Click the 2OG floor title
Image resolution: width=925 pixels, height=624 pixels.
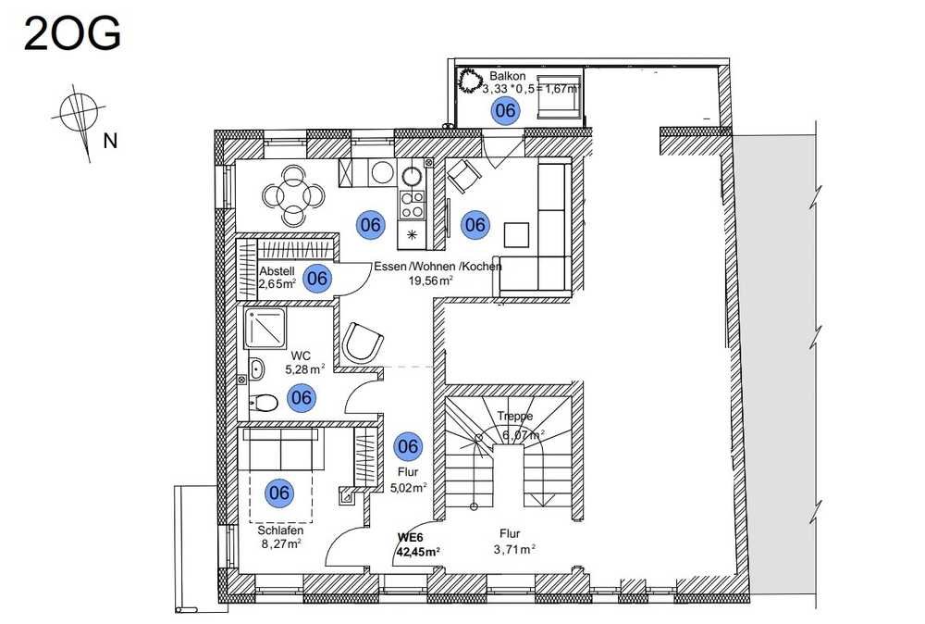tap(72, 33)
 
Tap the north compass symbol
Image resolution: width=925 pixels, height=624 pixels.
tap(79, 119)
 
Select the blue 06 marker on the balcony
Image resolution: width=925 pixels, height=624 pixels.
tap(506, 110)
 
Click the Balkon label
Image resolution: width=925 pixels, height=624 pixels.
tap(507, 76)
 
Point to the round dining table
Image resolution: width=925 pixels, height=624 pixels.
tap(294, 194)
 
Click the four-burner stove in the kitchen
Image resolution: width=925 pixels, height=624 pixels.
tap(412, 205)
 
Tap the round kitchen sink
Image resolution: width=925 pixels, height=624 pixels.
tap(412, 175)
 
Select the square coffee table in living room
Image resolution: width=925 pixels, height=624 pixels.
tap(517, 234)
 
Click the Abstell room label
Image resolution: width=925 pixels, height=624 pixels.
tap(277, 271)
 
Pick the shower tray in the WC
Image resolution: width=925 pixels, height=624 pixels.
tap(266, 326)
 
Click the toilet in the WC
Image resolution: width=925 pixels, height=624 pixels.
tap(264, 404)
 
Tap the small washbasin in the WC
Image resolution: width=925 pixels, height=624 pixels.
tap(256, 369)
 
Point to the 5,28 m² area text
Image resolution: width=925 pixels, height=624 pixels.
tap(305, 369)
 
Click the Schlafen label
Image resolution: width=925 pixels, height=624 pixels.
tap(280, 530)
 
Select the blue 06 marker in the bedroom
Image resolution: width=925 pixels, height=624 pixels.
tap(279, 493)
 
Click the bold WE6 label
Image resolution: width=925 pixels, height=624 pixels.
tap(411, 538)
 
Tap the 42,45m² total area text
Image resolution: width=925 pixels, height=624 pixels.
tap(419, 552)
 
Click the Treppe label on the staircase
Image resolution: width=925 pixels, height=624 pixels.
tap(514, 417)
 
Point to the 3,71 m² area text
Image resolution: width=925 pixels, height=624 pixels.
tap(514, 550)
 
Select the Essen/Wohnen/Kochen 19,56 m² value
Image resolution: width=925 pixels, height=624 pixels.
tap(431, 281)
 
